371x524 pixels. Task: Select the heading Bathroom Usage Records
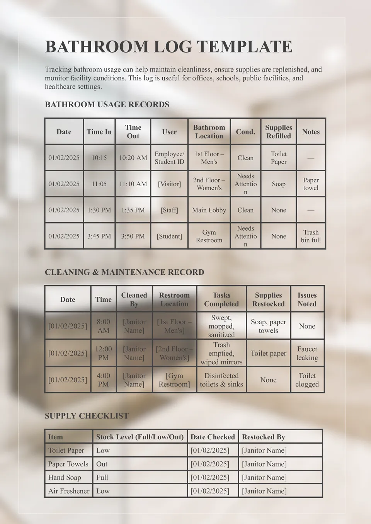[107, 104]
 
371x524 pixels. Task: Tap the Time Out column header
[133, 132]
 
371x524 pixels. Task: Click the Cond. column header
[245, 132]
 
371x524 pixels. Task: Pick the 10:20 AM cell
[133, 158]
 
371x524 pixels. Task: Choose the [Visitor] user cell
[169, 184]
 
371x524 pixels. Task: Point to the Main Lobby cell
[209, 210]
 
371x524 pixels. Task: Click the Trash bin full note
[311, 236]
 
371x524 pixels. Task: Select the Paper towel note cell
[311, 184]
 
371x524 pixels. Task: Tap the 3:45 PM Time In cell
[99, 236]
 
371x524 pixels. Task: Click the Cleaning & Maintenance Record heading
[124, 272]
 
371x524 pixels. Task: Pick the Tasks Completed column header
[221, 299]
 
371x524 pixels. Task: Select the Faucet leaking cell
[307, 353]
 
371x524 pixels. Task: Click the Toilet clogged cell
[307, 380]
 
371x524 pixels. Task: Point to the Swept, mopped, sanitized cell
[221, 326]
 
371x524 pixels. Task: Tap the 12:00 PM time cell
[103, 353]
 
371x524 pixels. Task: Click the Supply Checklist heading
[87, 416]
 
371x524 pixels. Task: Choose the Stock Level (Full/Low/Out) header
[140, 437]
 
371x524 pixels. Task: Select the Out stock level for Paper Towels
[102, 464]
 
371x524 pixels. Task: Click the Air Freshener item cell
[68, 491]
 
